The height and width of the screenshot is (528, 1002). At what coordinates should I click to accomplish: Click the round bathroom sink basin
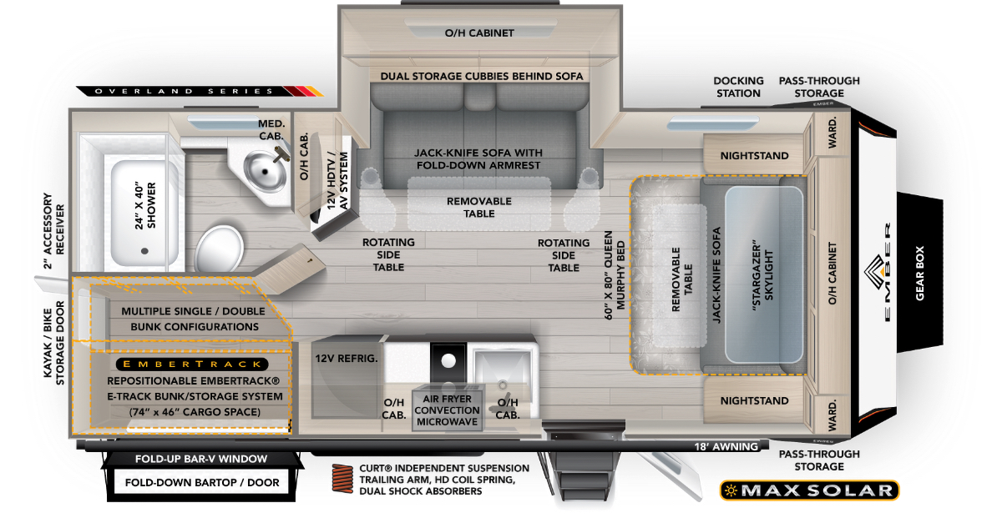265,172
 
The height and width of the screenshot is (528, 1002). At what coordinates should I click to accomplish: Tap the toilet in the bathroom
219,249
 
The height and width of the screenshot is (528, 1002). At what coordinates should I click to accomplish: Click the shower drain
144,251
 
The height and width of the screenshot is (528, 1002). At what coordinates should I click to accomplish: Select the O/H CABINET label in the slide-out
479,33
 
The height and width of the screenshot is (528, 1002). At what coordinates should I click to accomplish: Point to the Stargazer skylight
763,274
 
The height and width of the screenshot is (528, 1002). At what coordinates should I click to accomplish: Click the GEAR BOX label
919,273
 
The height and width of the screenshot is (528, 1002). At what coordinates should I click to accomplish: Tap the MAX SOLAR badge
809,490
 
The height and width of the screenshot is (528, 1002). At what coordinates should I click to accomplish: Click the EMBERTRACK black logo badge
192,364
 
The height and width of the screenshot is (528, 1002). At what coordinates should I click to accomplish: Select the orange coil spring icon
342,478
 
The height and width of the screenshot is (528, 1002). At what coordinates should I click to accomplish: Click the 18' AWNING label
726,446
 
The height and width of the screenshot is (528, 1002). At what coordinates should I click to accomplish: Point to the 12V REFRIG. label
347,358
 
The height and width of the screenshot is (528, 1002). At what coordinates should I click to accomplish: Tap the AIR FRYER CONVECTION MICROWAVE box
447,410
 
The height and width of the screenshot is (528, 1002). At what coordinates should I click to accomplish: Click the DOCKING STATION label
738,87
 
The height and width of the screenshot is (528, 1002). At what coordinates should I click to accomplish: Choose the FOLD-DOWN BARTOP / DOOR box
202,482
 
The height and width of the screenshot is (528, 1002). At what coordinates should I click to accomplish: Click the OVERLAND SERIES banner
200,91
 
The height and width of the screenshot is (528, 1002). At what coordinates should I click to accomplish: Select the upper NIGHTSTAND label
754,156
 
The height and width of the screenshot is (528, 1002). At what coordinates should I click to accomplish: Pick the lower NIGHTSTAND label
754,400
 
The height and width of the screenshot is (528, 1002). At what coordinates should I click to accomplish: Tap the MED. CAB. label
271,129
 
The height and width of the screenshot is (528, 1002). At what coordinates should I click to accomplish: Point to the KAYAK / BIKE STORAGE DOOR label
53,343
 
